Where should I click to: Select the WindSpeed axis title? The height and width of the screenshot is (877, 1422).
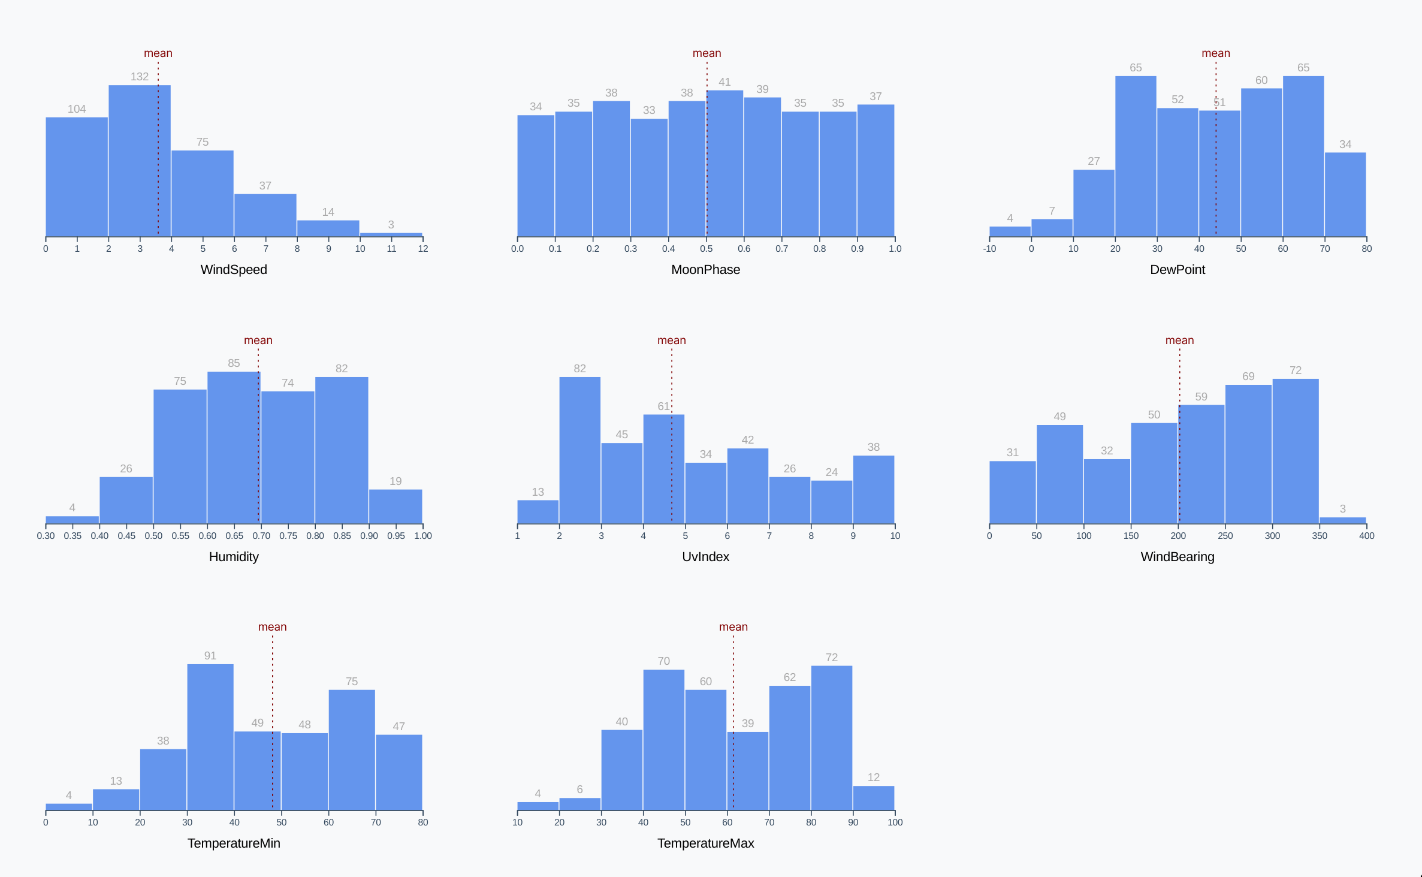234,270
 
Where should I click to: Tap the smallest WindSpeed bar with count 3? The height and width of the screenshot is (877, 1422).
391,234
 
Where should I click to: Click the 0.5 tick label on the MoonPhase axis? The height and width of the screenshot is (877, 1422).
707,249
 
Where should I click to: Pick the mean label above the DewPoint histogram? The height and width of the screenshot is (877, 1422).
1215,53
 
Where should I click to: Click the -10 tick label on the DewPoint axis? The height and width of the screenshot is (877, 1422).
989,249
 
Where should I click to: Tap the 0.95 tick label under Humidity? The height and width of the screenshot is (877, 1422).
396,536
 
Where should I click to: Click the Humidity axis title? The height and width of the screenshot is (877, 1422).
234,557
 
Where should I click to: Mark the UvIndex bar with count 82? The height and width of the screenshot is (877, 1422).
579,450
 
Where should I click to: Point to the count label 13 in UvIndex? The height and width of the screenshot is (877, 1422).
538,492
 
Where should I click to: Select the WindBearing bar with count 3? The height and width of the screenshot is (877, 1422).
1342,520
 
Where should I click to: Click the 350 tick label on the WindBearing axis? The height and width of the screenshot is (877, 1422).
1320,536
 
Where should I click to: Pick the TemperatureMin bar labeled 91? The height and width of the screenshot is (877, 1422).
210,737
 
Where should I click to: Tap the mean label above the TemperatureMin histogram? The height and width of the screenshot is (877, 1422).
272,627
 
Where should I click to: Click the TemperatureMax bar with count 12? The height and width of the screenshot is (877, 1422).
873,798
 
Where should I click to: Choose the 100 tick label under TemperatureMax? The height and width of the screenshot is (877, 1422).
895,822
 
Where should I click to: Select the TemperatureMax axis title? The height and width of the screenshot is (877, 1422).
705,843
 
